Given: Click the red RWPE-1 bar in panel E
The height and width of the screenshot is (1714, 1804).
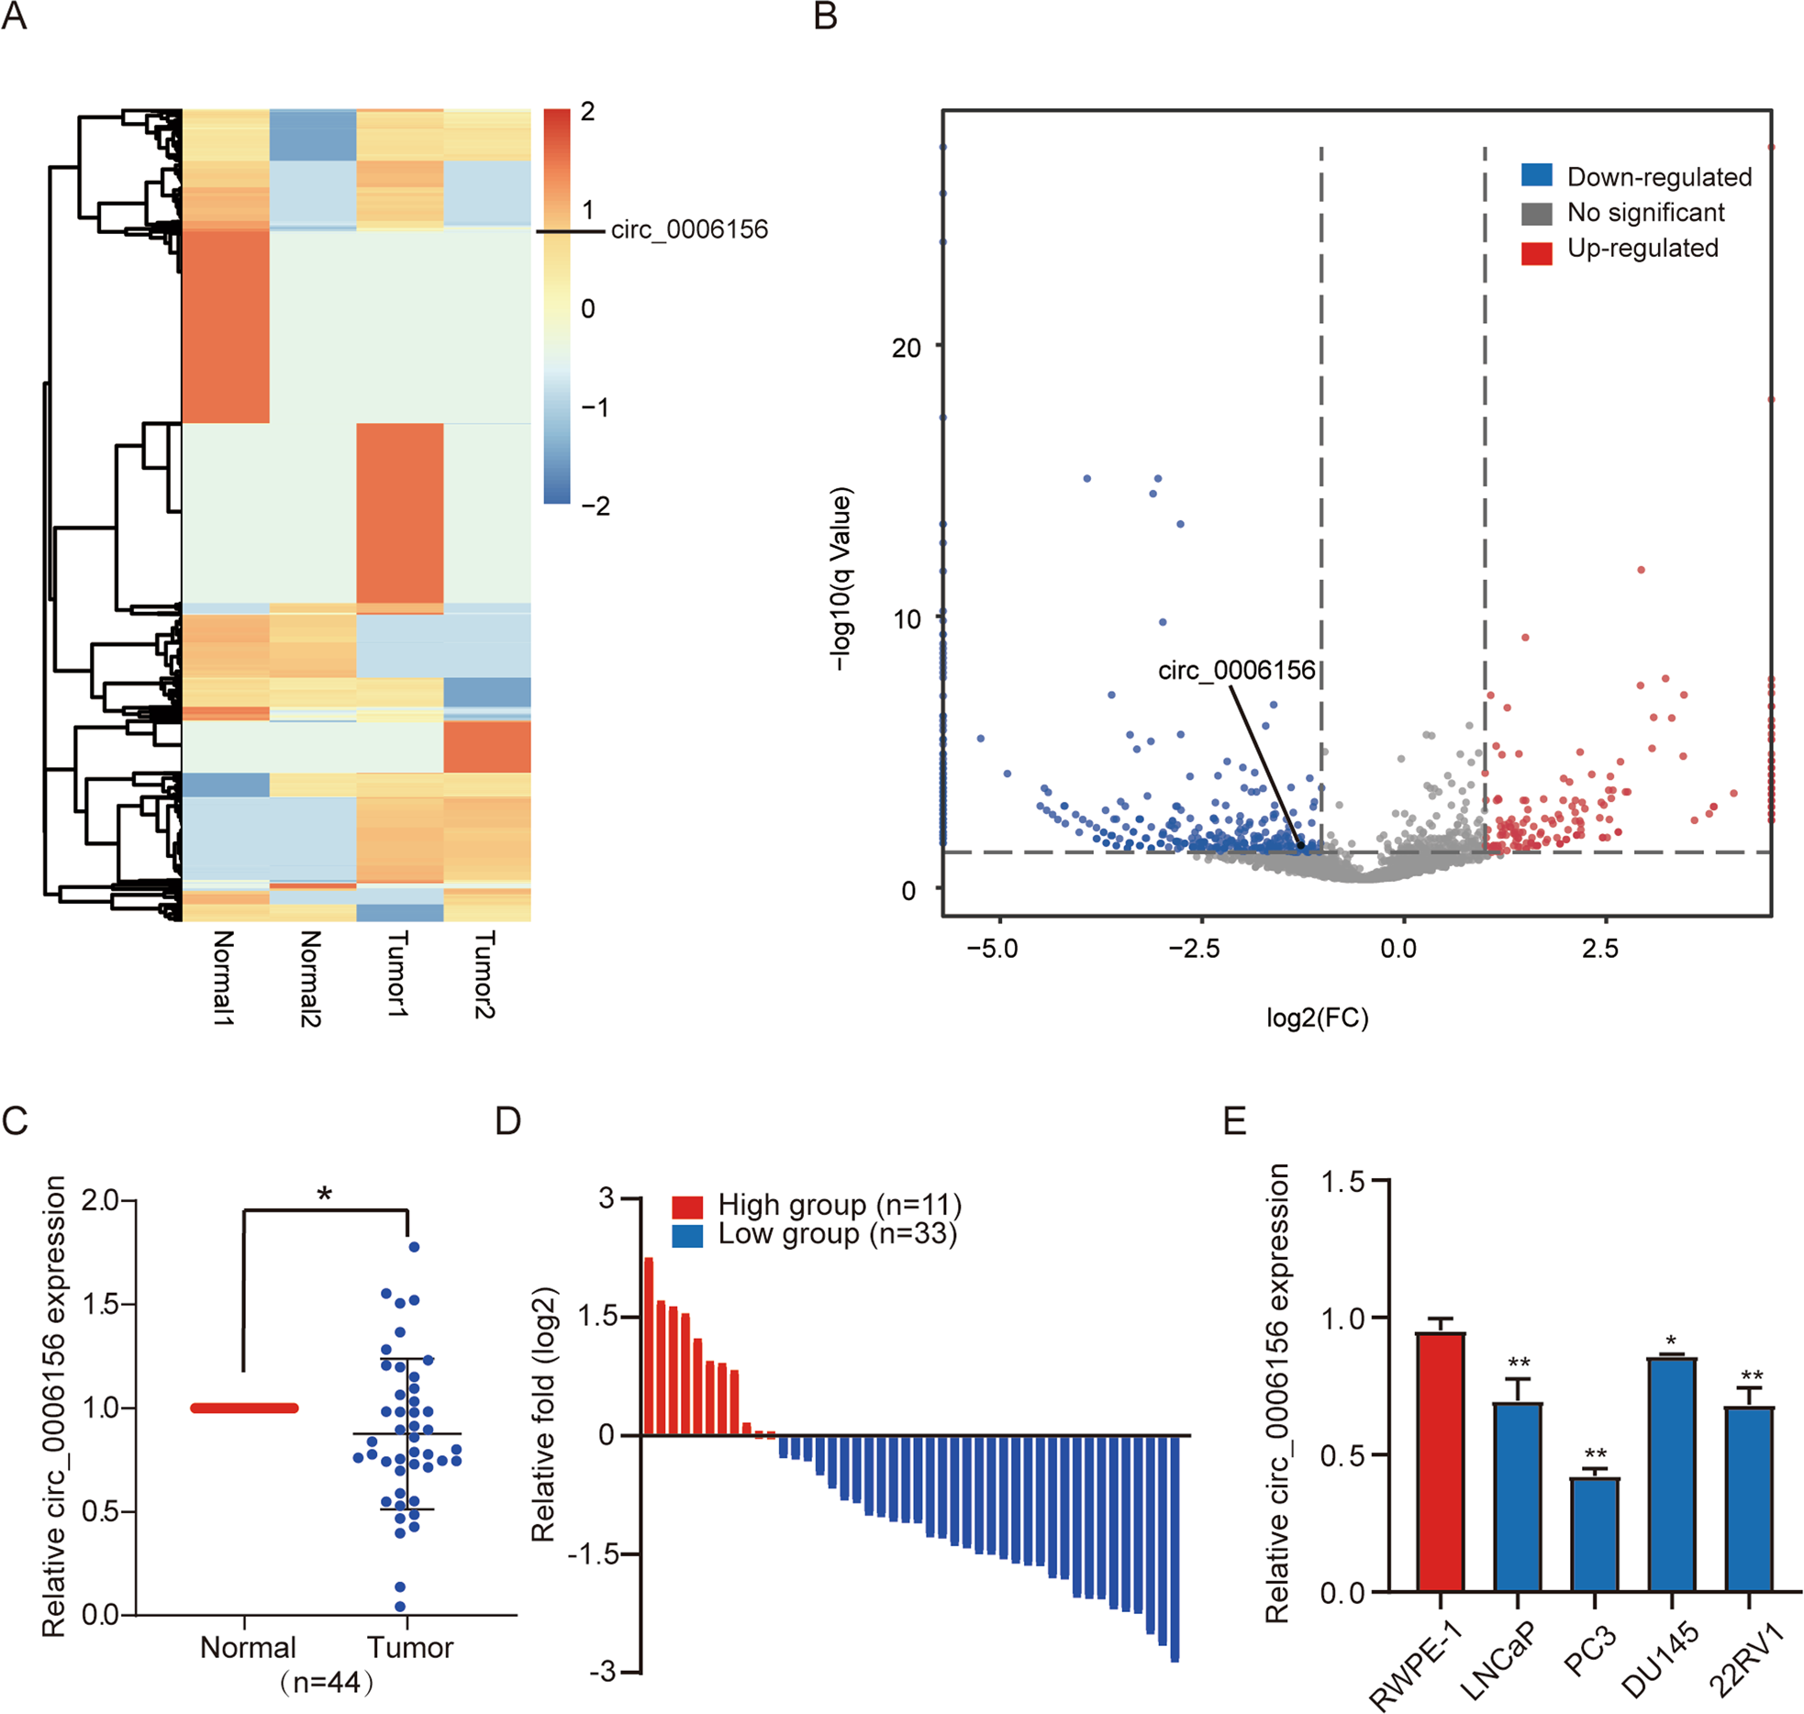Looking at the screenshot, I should (1439, 1463).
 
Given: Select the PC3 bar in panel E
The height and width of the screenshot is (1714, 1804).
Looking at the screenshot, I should (1594, 1534).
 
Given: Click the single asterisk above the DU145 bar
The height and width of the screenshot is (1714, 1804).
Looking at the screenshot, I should (1671, 1341).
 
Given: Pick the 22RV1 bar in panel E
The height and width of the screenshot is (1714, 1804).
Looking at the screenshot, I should (1748, 1499).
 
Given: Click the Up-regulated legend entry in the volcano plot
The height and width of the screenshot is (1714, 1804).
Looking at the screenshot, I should (1642, 249).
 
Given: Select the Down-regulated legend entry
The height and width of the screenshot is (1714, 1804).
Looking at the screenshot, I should (1658, 177).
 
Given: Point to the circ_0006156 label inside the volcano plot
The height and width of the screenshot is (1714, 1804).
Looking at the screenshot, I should (1236, 671).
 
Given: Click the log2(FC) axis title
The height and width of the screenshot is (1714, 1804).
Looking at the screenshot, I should (1317, 1018).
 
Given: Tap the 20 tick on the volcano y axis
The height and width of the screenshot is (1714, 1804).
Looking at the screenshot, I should (905, 349).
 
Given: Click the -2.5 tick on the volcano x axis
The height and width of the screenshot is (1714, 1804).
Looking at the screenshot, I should (1194, 949).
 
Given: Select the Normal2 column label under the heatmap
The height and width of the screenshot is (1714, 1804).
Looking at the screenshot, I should (310, 977).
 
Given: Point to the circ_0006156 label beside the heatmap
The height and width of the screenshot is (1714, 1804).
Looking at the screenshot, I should (689, 229).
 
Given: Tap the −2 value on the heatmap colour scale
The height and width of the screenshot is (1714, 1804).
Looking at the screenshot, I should (595, 506).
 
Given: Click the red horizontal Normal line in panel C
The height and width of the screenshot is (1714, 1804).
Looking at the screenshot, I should (244, 1408).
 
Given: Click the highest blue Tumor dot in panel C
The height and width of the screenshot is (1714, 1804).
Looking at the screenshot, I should (414, 1247).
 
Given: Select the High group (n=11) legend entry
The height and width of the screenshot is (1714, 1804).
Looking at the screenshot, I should (839, 1205).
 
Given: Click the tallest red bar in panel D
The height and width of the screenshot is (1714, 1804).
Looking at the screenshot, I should (648, 1345).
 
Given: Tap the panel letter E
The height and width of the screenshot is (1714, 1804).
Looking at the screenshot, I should (1234, 1121).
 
